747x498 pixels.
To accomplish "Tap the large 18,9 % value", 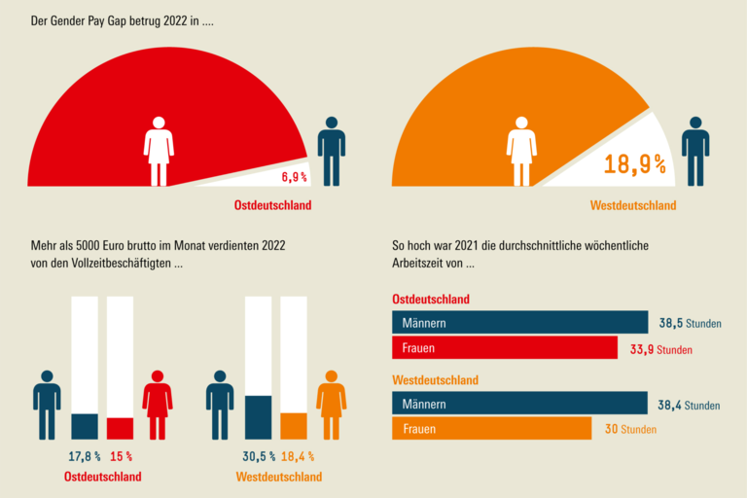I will [634, 164].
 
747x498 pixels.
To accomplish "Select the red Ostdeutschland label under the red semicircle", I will [272, 206].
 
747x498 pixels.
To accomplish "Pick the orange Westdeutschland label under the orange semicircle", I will [633, 206].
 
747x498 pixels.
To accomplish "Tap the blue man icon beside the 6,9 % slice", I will [332, 152].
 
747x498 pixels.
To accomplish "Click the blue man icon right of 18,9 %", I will [694, 152].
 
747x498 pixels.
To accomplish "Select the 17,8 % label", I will [85, 455].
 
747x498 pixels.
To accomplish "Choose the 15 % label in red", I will [121, 455].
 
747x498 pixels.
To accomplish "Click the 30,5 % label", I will [259, 455].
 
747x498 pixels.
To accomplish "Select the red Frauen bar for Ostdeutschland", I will [504, 347].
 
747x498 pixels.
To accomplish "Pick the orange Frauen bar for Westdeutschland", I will [491, 429].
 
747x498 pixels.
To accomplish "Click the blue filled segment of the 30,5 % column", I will [258, 417].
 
